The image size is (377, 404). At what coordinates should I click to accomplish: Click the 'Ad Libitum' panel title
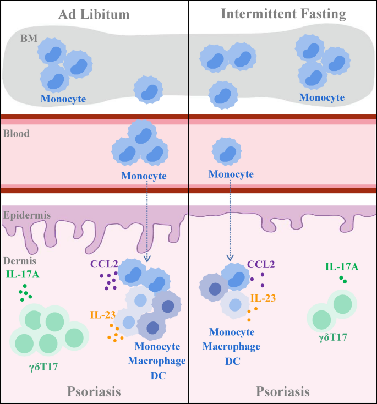click(x=94, y=14)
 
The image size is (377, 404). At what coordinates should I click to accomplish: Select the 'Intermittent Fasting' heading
click(x=283, y=14)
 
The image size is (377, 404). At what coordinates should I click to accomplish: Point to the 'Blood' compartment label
click(x=16, y=133)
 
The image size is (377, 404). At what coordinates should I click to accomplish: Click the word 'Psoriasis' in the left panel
click(x=94, y=391)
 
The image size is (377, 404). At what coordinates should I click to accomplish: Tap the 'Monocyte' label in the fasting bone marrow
click(x=322, y=97)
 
